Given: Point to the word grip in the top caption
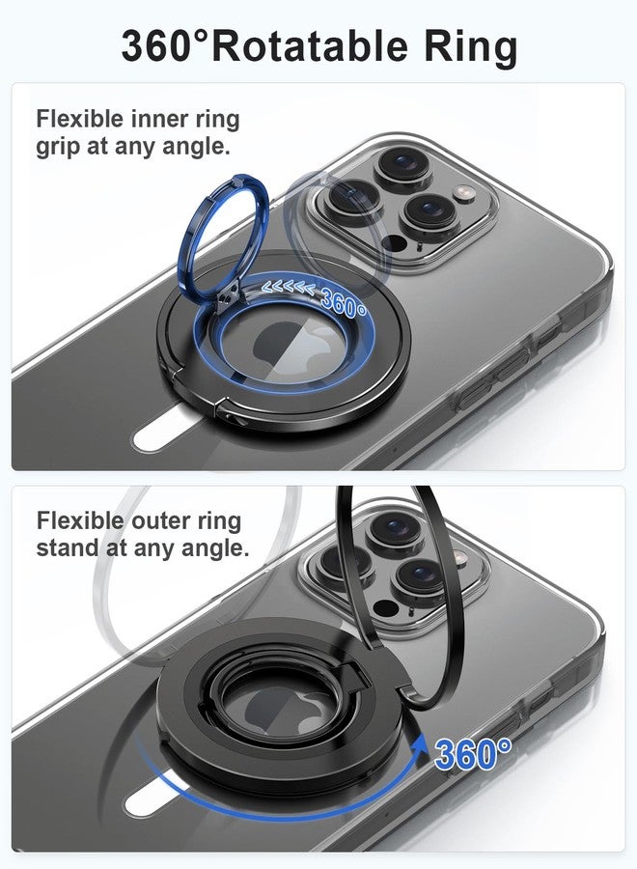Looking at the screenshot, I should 56,148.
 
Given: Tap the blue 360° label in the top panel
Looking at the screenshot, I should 343,302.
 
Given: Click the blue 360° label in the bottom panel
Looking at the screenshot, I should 473,753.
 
